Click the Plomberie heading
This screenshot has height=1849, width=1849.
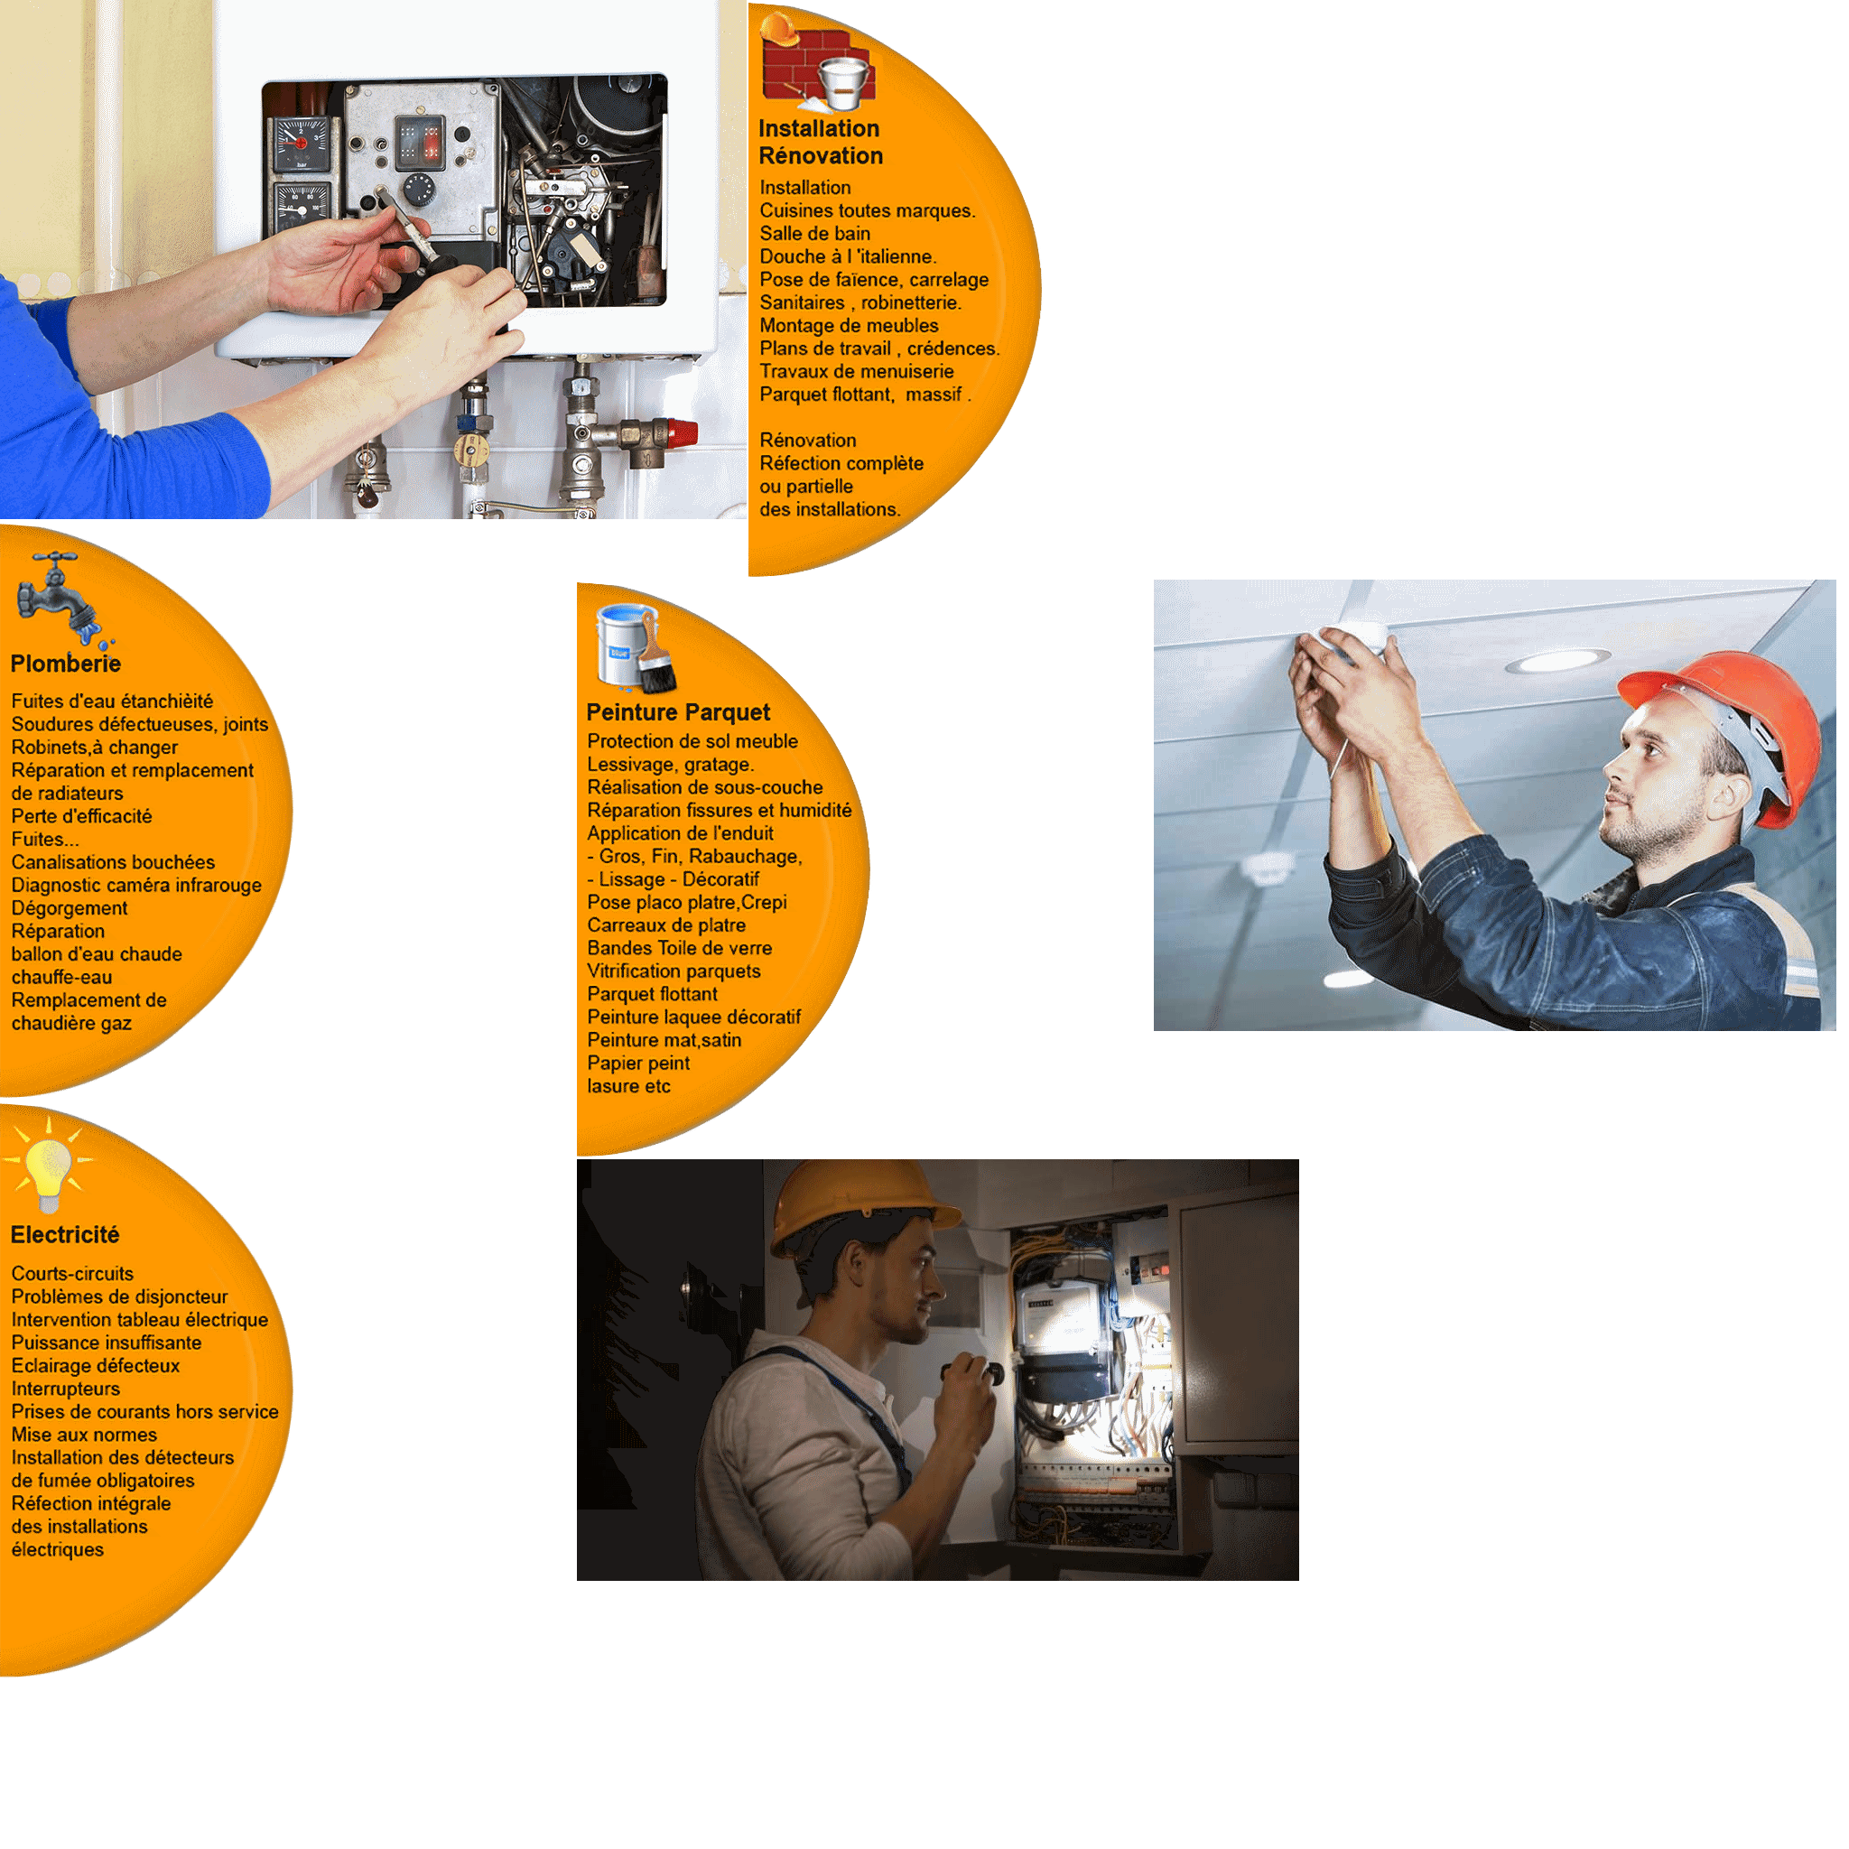point(65,664)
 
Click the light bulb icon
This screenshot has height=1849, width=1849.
point(48,1166)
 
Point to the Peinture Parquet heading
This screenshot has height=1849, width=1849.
point(679,713)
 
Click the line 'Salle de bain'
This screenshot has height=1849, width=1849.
point(815,234)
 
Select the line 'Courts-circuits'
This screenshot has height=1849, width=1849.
point(73,1275)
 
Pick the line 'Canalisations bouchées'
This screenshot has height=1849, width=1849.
point(113,863)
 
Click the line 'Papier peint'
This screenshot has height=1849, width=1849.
point(638,1064)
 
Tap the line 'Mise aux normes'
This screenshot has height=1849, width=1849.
point(84,1436)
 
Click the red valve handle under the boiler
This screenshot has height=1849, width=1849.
point(683,433)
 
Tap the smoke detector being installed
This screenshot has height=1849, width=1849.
point(1352,641)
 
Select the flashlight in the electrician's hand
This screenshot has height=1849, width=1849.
point(975,1374)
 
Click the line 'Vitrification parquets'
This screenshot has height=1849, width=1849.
point(674,972)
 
